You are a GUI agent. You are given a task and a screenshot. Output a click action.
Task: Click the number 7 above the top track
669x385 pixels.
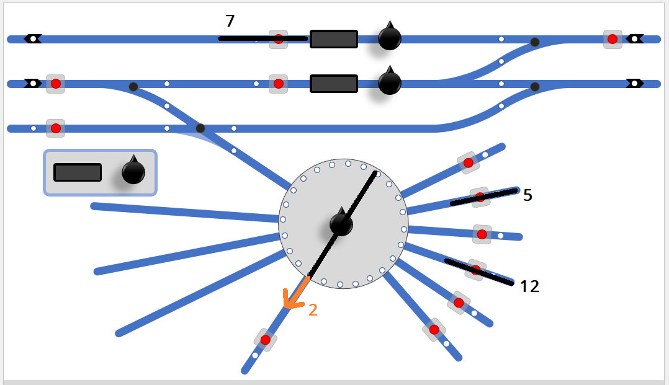point(230,21)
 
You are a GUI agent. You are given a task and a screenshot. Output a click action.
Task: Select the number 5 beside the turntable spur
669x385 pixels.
point(528,195)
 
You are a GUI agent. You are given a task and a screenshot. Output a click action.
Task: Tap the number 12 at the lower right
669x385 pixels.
point(529,286)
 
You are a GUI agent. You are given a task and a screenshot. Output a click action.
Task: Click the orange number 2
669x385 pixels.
point(313,310)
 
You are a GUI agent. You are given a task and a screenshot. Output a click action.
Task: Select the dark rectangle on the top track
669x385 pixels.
point(334,39)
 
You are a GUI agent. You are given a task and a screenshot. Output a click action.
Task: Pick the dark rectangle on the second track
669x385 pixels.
point(334,84)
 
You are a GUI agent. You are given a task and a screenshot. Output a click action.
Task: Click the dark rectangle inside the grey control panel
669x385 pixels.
point(78,172)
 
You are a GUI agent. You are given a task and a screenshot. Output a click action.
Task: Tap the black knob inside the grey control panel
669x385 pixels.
point(133,170)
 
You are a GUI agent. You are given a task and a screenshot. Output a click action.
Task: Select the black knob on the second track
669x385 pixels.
point(390,81)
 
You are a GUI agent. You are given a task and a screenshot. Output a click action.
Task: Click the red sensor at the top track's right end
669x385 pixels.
point(613,39)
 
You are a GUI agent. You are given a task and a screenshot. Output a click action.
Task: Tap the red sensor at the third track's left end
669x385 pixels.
point(55,128)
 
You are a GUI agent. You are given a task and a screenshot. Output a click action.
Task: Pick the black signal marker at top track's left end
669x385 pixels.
point(33,39)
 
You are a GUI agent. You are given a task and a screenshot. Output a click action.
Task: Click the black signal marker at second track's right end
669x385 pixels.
point(634,84)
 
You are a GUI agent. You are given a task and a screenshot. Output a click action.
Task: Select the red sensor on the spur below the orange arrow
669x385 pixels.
point(266,340)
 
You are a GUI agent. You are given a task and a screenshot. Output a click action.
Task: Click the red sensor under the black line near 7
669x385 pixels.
point(278,39)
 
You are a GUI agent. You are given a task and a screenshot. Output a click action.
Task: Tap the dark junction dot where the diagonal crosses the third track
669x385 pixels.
point(200,128)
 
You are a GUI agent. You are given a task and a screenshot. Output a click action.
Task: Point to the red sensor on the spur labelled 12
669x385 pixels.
point(476,270)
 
